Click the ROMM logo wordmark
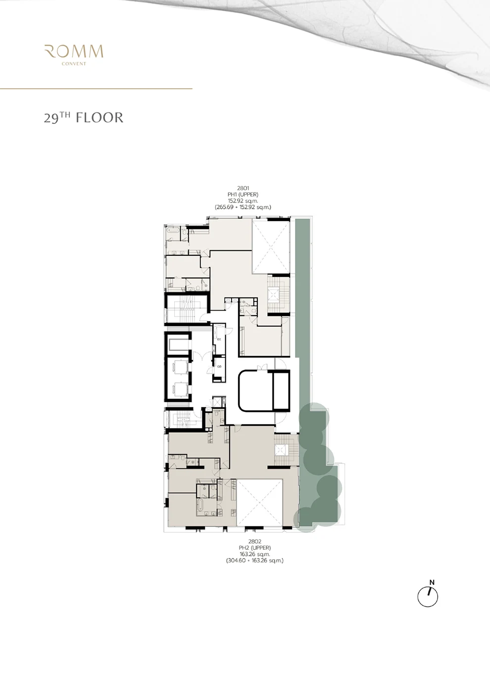tap(74, 52)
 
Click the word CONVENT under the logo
tap(74, 64)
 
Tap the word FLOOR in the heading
tap(99, 118)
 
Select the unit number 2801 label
tap(243, 188)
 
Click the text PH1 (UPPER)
tap(243, 194)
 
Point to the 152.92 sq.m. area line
tap(243, 201)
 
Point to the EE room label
tap(219, 339)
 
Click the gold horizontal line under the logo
tap(96, 89)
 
